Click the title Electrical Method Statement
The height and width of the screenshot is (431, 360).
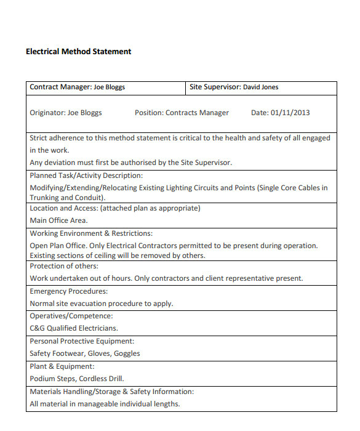[x=78, y=52]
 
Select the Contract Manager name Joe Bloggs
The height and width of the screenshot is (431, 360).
[x=109, y=87]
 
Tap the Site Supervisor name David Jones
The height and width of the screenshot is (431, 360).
[x=260, y=87]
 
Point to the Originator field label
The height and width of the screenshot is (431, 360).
[x=47, y=113]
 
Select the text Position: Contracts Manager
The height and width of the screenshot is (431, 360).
[x=182, y=113]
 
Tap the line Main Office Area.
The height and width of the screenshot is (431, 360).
[x=59, y=220]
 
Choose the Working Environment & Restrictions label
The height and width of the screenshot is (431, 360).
[x=91, y=233]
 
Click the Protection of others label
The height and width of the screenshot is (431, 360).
[x=64, y=266]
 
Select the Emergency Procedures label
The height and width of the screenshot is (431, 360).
[x=68, y=291]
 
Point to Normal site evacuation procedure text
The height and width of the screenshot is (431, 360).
[x=102, y=304]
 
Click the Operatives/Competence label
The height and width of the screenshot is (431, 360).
[x=71, y=316]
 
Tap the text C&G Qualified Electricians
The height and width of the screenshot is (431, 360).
[x=74, y=328]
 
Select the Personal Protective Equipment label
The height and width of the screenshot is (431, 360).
[x=82, y=341]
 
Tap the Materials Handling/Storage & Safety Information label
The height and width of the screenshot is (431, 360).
[x=111, y=392]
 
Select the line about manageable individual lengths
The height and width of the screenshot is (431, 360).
[x=105, y=404]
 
